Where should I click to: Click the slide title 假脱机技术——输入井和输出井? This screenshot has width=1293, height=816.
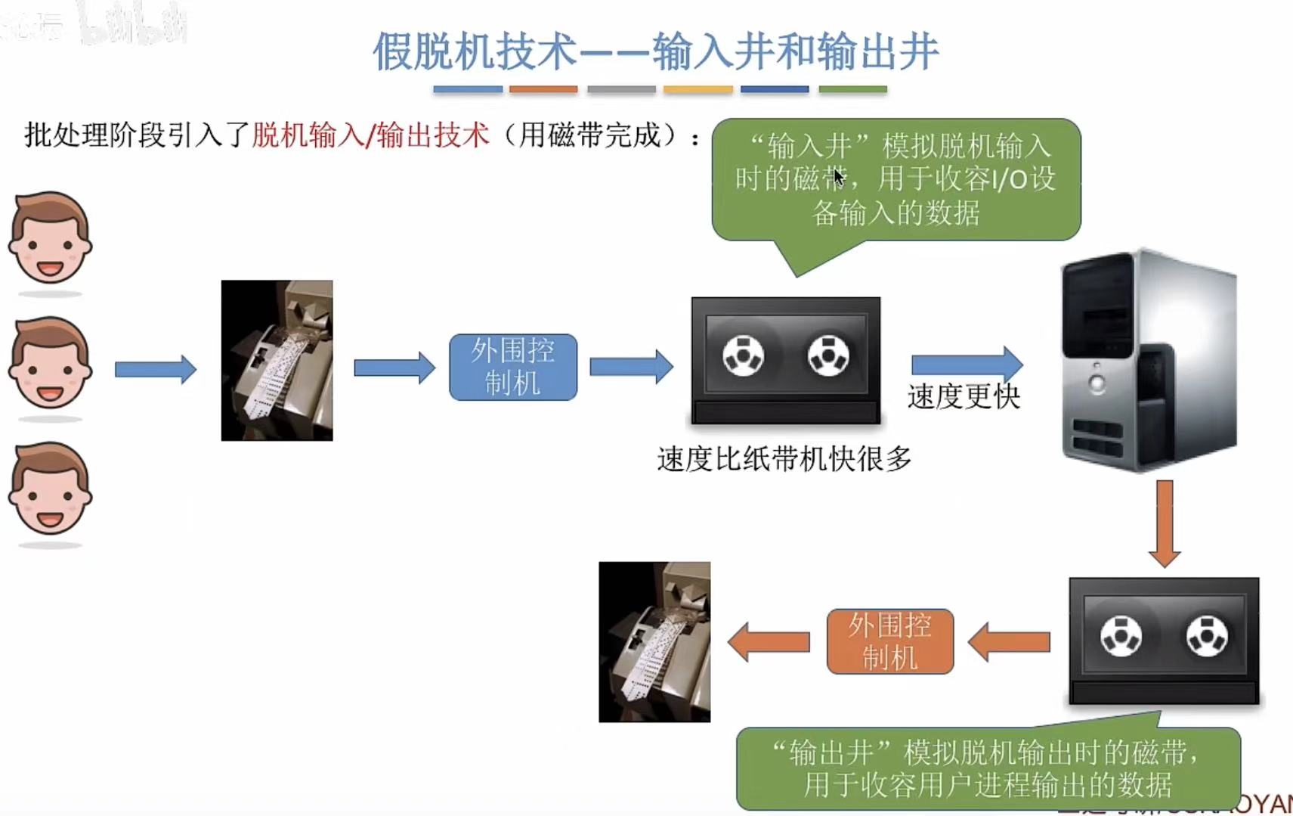pos(655,51)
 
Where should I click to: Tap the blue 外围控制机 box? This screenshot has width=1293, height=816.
pos(513,367)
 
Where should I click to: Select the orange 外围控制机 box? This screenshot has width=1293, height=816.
pos(889,641)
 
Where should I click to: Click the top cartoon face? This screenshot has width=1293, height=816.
pos(50,237)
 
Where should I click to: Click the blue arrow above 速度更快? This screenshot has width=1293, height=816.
pos(966,365)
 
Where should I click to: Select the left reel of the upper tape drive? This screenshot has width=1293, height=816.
pos(743,355)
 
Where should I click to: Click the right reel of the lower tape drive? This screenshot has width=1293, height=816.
pos(1207,635)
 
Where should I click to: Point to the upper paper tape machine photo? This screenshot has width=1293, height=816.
pos(277,360)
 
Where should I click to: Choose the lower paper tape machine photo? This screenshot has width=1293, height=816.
pos(654,641)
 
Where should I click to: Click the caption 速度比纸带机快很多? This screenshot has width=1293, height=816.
pos(784,459)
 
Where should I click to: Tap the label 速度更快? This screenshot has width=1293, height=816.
pos(964,397)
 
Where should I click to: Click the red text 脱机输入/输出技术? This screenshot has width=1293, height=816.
pos(370,135)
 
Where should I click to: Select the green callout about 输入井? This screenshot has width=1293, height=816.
pos(896,180)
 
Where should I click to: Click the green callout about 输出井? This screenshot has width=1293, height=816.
pos(987,768)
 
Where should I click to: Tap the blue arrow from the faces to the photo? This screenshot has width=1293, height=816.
pos(155,369)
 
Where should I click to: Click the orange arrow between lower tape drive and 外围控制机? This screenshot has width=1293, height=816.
pos(1009,642)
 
